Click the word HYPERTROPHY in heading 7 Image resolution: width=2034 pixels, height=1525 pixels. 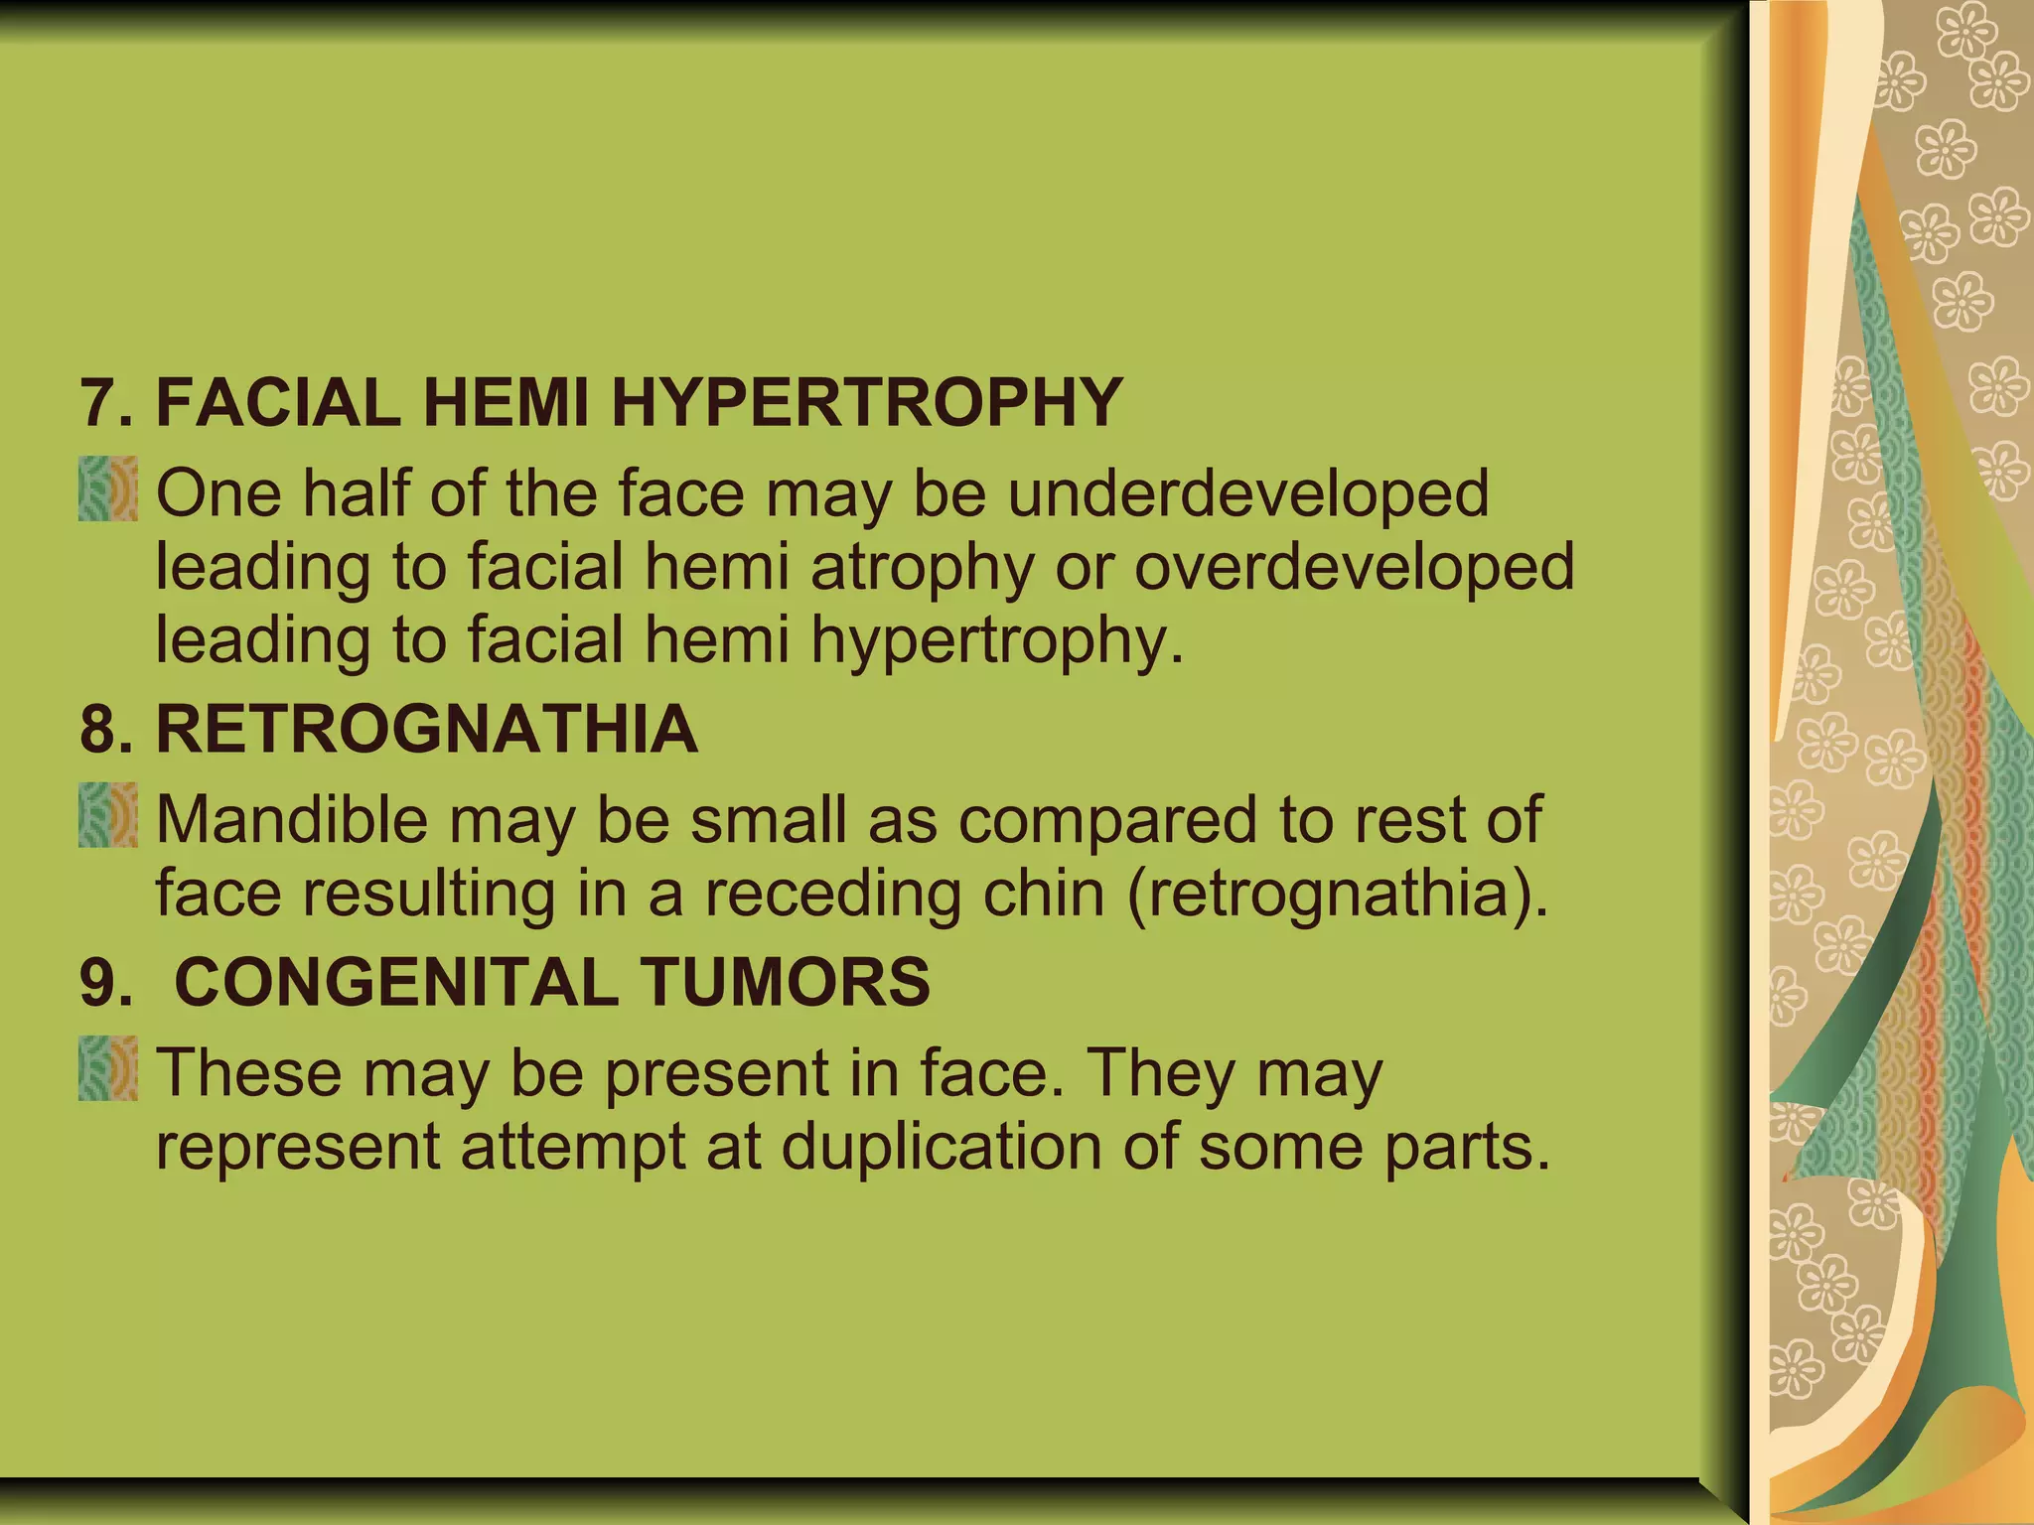click(x=866, y=403)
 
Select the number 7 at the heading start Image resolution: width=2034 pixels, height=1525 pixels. click(x=99, y=403)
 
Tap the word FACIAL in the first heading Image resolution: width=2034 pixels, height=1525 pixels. click(x=279, y=403)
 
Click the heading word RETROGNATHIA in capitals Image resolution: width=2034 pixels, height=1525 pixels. click(x=427, y=730)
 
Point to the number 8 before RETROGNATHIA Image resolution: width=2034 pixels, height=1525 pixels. click(x=99, y=730)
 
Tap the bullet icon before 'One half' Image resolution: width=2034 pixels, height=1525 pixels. click(x=108, y=488)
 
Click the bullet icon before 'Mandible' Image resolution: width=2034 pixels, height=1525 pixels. click(x=108, y=815)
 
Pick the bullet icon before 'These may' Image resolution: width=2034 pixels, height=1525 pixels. click(x=108, y=1068)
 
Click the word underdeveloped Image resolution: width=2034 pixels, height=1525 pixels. click(x=1248, y=493)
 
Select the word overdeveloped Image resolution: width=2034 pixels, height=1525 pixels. click(x=1354, y=567)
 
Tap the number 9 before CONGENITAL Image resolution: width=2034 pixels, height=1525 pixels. click(x=99, y=982)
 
